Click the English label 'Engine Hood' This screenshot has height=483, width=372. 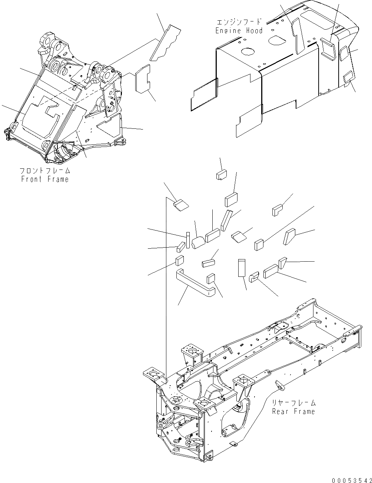tap(239, 31)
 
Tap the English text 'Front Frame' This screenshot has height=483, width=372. tap(45, 180)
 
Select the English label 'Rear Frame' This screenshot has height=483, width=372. tap(293, 411)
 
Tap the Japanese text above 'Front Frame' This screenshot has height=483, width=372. tap(45, 171)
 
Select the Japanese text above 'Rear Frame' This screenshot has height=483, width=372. tap(293, 403)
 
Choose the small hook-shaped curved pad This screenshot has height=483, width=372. tap(253, 277)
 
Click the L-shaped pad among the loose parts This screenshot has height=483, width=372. tap(278, 210)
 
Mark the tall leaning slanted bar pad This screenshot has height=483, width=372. tap(225, 220)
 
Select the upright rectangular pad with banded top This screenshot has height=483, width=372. tap(242, 267)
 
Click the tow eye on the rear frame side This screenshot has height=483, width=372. tap(280, 385)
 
